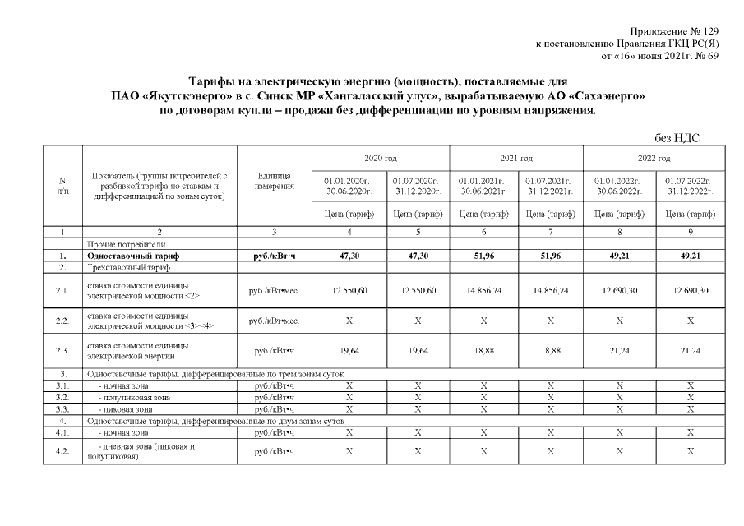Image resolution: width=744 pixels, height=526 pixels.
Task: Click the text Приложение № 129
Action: point(673,30)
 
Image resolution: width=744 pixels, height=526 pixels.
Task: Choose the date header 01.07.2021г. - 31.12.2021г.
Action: point(551,186)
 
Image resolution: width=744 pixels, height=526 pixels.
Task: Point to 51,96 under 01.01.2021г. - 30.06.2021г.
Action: point(483,256)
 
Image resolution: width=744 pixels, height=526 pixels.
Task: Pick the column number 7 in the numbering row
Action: point(551,232)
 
